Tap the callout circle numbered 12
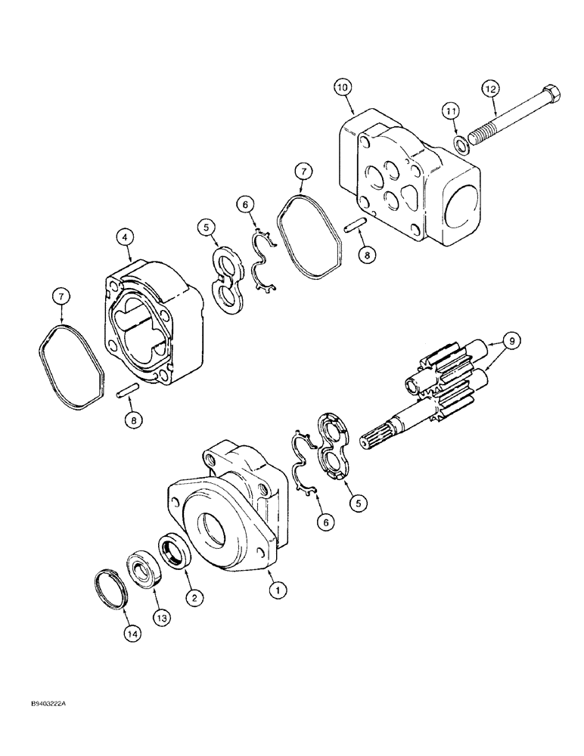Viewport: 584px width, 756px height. pyautogui.click(x=492, y=88)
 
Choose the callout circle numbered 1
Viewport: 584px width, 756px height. pyautogui.click(x=278, y=593)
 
